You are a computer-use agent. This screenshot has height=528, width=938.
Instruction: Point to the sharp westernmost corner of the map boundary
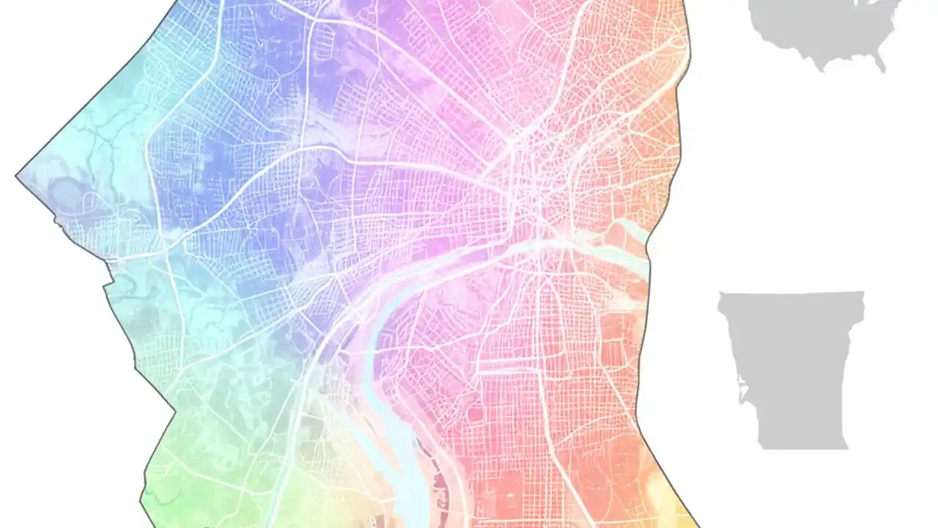pos(17,176)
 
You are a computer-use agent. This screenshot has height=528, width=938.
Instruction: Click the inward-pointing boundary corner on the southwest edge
pos(174,411)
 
